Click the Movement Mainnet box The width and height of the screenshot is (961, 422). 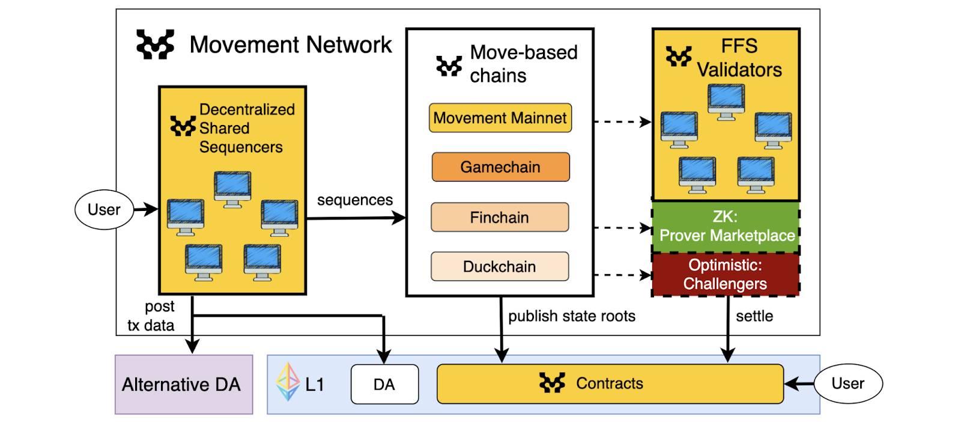pyautogui.click(x=500, y=118)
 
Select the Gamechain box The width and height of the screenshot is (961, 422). pyautogui.click(x=500, y=167)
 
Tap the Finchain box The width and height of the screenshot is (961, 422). pyautogui.click(x=499, y=217)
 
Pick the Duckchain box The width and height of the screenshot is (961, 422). pyautogui.click(x=499, y=266)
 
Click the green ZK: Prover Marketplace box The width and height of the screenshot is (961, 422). pyautogui.click(x=726, y=227)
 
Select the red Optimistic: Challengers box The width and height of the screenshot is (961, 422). pyautogui.click(x=725, y=274)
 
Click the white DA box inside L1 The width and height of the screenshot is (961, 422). pyautogui.click(x=384, y=384)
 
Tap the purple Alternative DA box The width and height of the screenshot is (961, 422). pyautogui.click(x=183, y=384)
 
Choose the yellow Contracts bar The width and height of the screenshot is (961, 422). pyautogui.click(x=610, y=384)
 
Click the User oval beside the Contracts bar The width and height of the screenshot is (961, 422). pyautogui.click(x=847, y=383)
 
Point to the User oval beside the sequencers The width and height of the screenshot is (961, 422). pyautogui.click(x=104, y=209)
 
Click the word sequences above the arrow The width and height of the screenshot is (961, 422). pyautogui.click(x=354, y=200)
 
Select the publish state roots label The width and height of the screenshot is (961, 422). pyautogui.click(x=571, y=316)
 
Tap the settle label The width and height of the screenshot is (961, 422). pyautogui.click(x=754, y=316)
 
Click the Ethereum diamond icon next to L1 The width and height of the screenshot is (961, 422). pyautogui.click(x=287, y=382)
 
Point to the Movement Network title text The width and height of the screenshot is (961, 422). pyautogui.click(x=291, y=44)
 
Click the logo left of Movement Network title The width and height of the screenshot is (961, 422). pyautogui.click(x=155, y=44)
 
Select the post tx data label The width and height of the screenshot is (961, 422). pyautogui.click(x=151, y=316)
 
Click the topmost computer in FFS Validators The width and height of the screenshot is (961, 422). pyautogui.click(x=726, y=101)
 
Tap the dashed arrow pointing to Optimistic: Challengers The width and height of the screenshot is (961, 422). pyautogui.click(x=622, y=275)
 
